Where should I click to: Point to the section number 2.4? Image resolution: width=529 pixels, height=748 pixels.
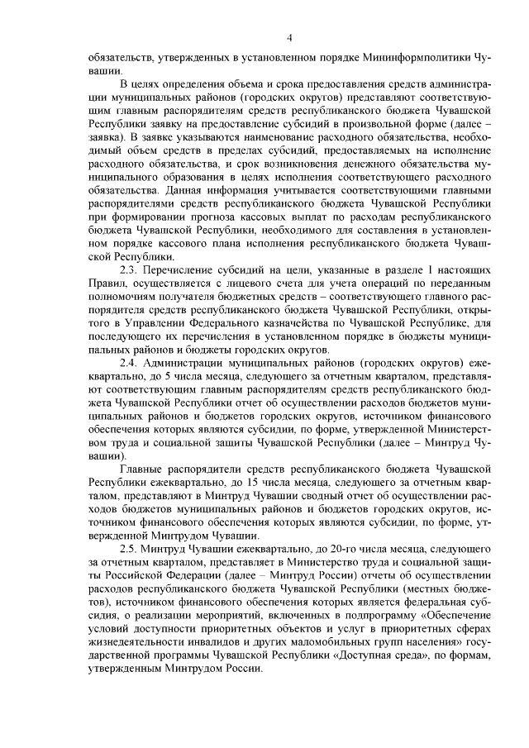point(130,363)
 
